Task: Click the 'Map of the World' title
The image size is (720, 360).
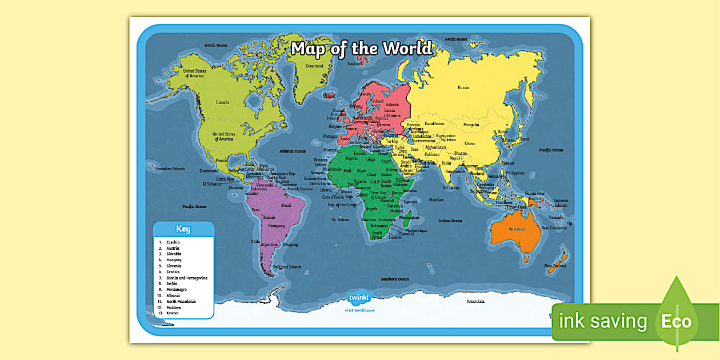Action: [x=361, y=49]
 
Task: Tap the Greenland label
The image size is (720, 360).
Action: [x=314, y=66]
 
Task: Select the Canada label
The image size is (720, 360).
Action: [x=222, y=102]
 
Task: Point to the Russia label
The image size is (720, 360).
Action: [x=463, y=87]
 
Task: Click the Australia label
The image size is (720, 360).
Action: [x=517, y=229]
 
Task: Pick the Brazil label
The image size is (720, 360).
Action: [x=286, y=205]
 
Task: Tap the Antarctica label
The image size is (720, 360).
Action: [x=475, y=301]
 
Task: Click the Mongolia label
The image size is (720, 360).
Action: [x=471, y=125]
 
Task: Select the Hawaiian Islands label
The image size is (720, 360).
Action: [x=170, y=169]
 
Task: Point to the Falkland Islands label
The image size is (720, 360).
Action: [x=287, y=267]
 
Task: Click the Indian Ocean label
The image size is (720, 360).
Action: [x=450, y=221]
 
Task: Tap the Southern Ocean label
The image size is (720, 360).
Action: [x=395, y=279]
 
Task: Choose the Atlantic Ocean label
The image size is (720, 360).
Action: [x=293, y=151]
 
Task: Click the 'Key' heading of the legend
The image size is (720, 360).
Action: [x=183, y=229]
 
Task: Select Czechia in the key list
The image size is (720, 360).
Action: [x=173, y=242]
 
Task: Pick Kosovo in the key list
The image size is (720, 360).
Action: [x=172, y=313]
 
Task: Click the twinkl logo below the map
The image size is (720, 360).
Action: [x=360, y=298]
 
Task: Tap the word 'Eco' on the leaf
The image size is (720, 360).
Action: [x=677, y=321]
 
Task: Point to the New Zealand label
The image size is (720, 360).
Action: [x=555, y=266]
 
